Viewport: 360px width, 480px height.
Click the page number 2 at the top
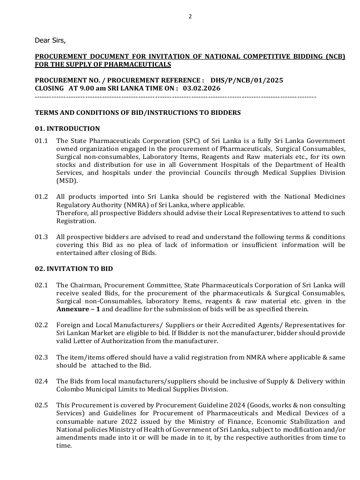coord(190,16)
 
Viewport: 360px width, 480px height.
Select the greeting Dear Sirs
coord(50,40)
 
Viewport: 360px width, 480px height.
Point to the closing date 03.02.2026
coord(202,88)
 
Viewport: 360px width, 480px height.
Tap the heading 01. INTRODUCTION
coord(67,128)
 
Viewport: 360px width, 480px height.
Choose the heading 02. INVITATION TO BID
coord(74,269)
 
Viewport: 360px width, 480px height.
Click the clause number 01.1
coord(41,141)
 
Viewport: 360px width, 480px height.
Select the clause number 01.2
coord(41,197)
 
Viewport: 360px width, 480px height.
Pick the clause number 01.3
coord(41,237)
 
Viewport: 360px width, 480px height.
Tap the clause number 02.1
coord(41,285)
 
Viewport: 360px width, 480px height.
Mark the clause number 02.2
coord(41,325)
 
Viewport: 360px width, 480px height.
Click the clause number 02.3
coord(41,357)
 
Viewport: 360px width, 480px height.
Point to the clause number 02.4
coord(41,381)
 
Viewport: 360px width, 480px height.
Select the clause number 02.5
coord(41,405)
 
